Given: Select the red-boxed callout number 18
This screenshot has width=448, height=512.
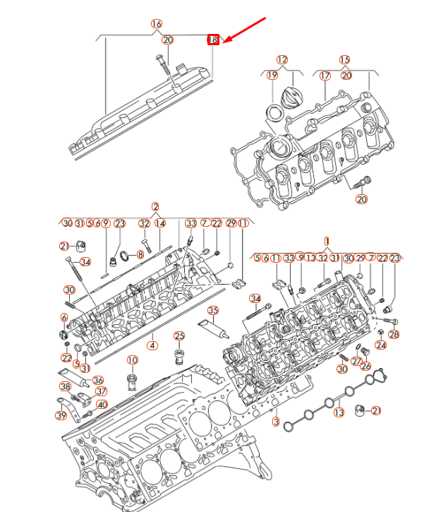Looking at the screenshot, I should pyautogui.click(x=213, y=40).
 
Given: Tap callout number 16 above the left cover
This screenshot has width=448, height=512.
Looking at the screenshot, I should pyautogui.click(x=157, y=23).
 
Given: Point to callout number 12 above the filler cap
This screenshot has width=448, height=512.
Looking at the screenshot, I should pyautogui.click(x=282, y=60).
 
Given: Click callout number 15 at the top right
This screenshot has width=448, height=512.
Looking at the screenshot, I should pyautogui.click(x=344, y=60).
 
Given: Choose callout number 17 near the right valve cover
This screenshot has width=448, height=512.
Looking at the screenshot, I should pyautogui.click(x=325, y=76).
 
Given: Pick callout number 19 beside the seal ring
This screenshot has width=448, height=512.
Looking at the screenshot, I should pyautogui.click(x=272, y=76).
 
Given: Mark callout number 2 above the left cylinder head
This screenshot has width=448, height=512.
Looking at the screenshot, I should pyautogui.click(x=155, y=207).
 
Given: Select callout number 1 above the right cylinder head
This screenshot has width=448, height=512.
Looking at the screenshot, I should pyautogui.click(x=327, y=241).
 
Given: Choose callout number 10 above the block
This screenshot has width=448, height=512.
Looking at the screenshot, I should pyautogui.click(x=132, y=360).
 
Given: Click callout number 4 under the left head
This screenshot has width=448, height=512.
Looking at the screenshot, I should pyautogui.click(x=151, y=346).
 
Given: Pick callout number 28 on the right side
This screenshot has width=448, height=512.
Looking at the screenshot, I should pyautogui.click(x=394, y=334).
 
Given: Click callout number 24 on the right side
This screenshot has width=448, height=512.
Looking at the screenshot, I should pyautogui.click(x=381, y=345).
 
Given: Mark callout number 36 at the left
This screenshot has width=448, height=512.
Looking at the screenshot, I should pyautogui.click(x=98, y=380).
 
